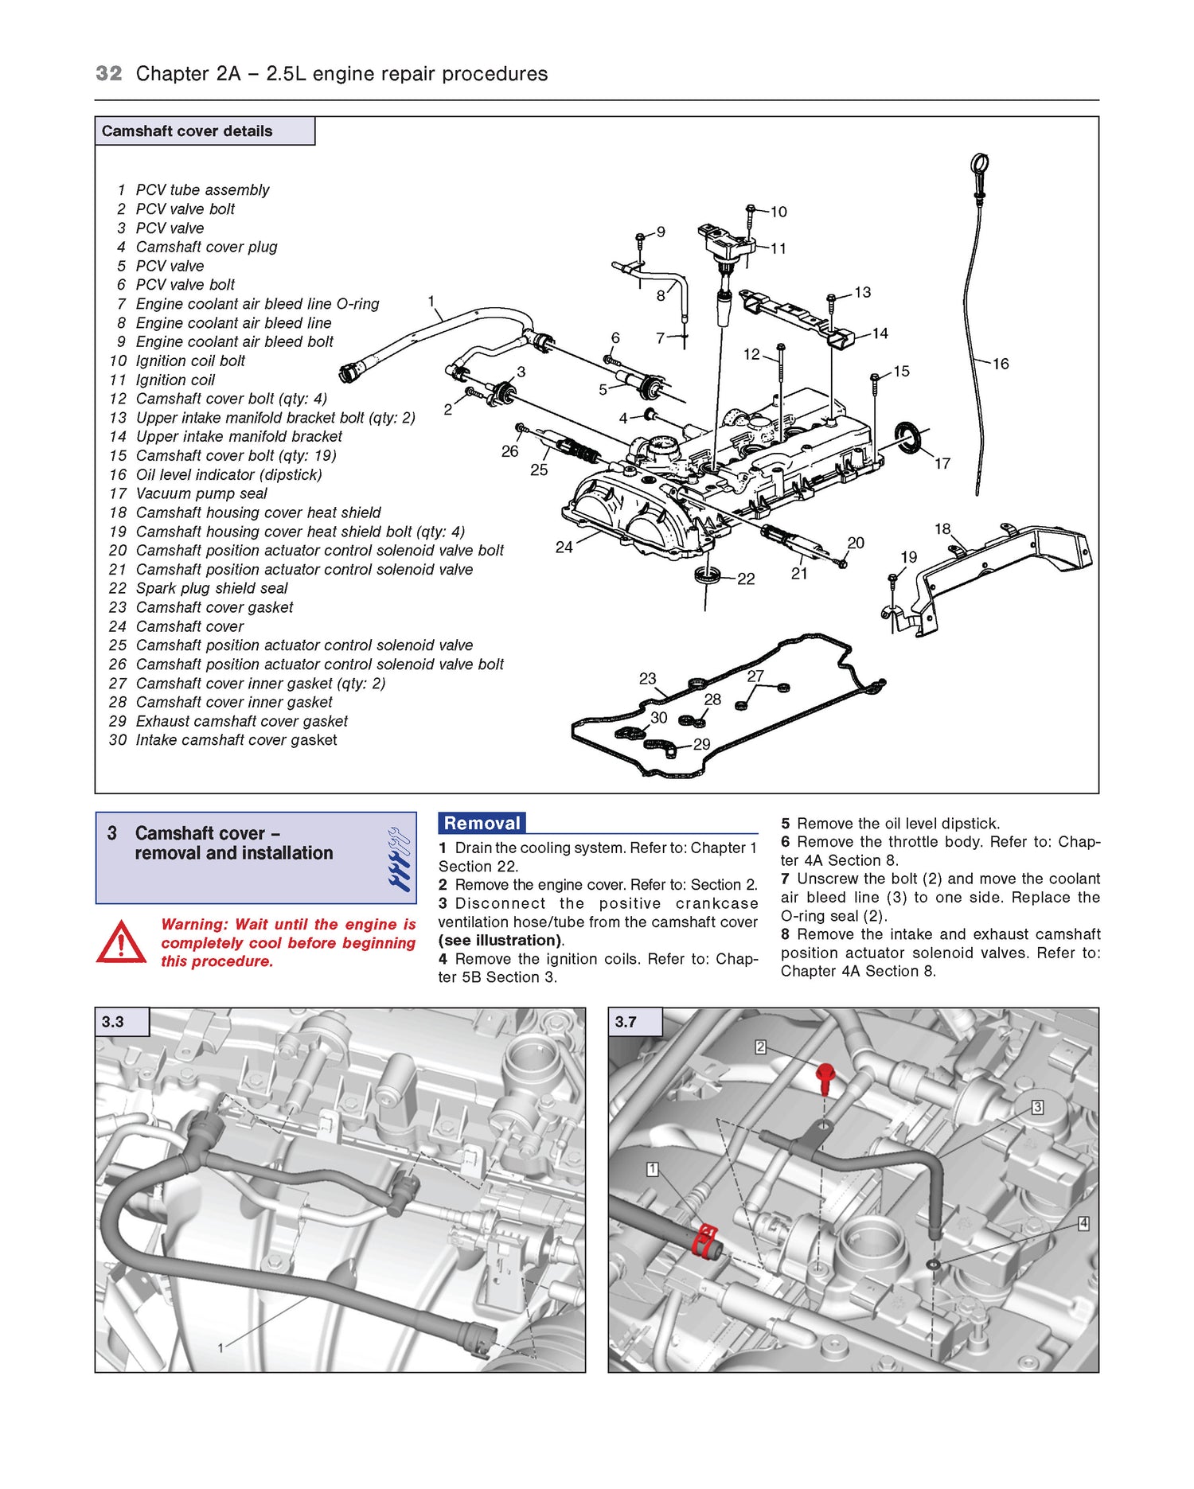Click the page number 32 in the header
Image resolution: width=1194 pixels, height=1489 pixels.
click(109, 74)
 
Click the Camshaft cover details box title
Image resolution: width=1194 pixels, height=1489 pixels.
click(187, 131)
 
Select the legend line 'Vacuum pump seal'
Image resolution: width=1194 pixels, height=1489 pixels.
click(201, 493)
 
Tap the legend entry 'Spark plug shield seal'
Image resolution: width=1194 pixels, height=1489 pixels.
click(211, 588)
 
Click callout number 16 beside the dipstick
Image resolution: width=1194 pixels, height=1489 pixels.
click(1001, 364)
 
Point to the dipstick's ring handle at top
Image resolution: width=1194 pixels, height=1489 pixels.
click(979, 165)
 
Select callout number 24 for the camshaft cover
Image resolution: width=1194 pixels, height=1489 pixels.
click(564, 548)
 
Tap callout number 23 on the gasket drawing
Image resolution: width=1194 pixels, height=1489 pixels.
click(647, 678)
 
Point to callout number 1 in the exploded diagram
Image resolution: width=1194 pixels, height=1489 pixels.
click(431, 301)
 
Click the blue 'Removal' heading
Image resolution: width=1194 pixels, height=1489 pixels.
click(482, 823)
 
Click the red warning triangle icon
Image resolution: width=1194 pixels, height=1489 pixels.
click(121, 943)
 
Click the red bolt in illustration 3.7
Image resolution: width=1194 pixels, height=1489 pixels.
click(825, 1078)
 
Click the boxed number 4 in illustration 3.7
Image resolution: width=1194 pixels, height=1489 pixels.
click(1083, 1223)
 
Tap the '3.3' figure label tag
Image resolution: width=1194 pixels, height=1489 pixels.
click(113, 1022)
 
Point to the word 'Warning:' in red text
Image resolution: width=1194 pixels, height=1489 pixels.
click(194, 925)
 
